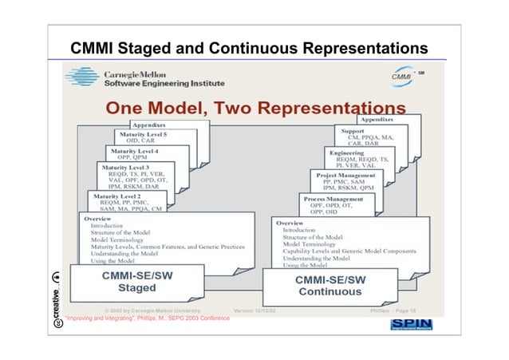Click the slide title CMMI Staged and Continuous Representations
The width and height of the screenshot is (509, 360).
254,48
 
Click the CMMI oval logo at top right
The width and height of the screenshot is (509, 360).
404,77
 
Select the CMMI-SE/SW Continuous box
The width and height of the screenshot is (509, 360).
330,286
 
